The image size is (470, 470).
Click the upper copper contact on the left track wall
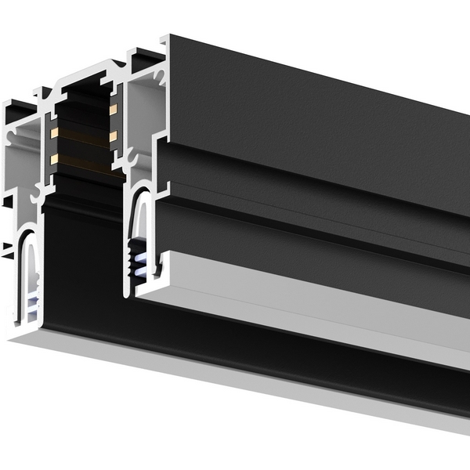(55, 133)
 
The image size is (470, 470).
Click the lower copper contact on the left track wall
(54, 159)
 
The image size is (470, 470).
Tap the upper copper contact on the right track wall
(114, 109)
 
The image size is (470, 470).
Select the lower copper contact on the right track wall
(114, 137)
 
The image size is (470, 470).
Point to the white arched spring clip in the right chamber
(140, 211)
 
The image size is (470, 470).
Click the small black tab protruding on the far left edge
(5, 251)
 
